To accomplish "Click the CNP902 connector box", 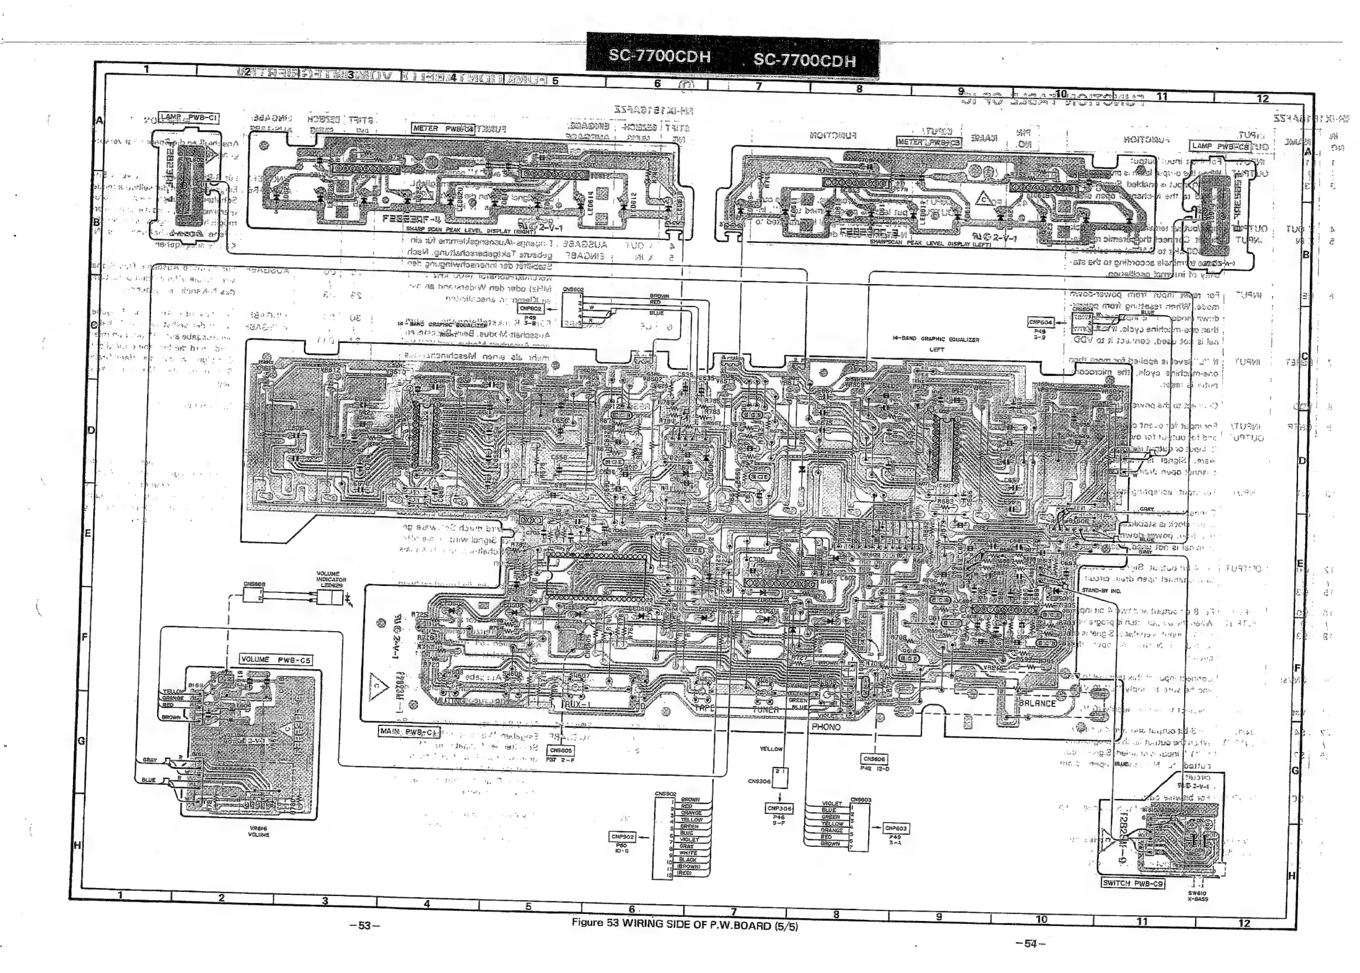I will tap(622, 836).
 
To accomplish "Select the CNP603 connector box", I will tap(896, 828).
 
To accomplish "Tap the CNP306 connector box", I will tap(778, 808).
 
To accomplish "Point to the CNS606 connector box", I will tap(874, 759).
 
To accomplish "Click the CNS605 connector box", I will tap(561, 750).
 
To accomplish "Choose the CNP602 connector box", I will tap(531, 309).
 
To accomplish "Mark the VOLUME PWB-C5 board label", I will tap(275, 659).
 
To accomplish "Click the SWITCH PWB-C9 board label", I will tap(1133, 883).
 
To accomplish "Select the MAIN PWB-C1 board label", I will tap(408, 732).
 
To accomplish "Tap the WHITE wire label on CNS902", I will tap(688, 853).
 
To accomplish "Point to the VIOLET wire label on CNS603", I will tap(832, 804).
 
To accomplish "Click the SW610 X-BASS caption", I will tap(1198, 896).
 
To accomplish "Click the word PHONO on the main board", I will tap(826, 727).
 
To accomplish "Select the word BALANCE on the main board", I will tap(1037, 703).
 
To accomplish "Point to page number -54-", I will tap(1030, 943).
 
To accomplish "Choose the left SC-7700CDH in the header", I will tap(659, 56).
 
